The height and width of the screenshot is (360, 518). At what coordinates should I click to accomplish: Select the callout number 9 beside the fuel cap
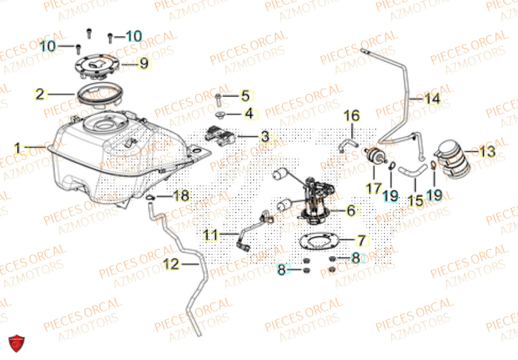pyautogui.click(x=143, y=64)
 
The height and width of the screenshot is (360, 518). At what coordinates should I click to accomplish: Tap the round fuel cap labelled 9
pyautogui.click(x=98, y=66)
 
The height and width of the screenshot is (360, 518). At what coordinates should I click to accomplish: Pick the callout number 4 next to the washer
pyautogui.click(x=249, y=113)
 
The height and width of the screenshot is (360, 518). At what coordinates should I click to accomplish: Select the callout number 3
pyautogui.click(x=265, y=137)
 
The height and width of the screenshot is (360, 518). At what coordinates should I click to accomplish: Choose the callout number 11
pyautogui.click(x=210, y=235)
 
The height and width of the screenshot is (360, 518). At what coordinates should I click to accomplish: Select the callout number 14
pyautogui.click(x=431, y=98)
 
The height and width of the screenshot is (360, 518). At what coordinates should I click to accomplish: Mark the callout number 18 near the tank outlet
pyautogui.click(x=182, y=196)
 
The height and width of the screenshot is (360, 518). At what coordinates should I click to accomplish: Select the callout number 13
pyautogui.click(x=486, y=152)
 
